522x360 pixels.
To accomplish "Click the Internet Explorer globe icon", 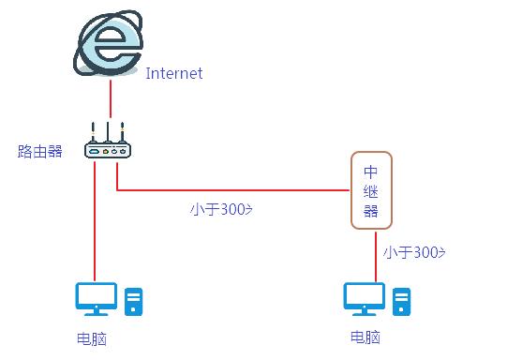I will (x=109, y=43).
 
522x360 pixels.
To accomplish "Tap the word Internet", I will (x=173, y=73).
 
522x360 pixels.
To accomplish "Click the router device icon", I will (x=106, y=148).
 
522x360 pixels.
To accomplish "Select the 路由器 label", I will (x=40, y=150).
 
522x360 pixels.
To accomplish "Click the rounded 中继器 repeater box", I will (x=370, y=190).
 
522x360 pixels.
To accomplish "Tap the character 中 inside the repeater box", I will (x=370, y=172).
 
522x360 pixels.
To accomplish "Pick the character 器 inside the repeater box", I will (x=370, y=210).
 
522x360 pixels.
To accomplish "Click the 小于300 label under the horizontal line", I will (x=221, y=208).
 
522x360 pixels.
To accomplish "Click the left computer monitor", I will (x=96, y=299).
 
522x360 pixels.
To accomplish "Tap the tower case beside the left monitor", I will (x=134, y=300).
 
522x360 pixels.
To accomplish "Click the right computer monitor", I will (x=364, y=299).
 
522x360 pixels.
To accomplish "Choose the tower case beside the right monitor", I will (x=402, y=300).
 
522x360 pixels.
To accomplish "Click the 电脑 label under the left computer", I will (x=92, y=338).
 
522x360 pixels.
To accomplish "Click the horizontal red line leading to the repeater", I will (x=234, y=190).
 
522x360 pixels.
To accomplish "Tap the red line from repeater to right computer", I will (x=376, y=253).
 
